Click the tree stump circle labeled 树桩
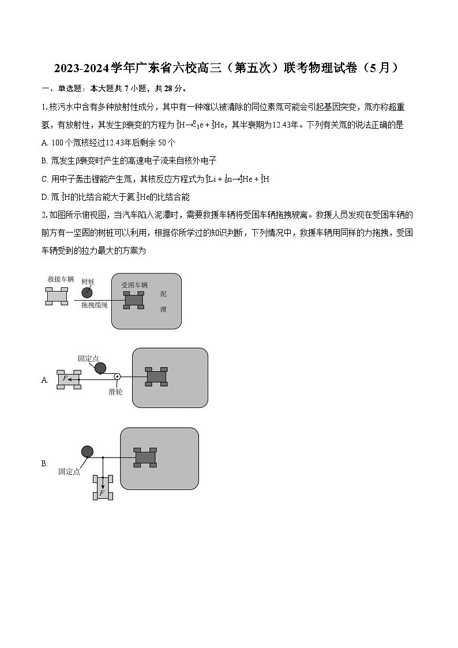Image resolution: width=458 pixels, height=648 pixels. (87, 292)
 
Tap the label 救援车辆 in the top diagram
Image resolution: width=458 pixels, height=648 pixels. (61, 279)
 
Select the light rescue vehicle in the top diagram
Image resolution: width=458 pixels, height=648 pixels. (57, 295)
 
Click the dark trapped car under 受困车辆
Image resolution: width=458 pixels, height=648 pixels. (134, 300)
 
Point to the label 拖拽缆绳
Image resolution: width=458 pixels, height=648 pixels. (94, 305)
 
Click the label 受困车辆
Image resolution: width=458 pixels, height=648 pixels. (134, 285)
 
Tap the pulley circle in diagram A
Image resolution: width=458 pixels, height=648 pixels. (117, 377)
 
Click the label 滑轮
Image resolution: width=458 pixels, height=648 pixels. (115, 392)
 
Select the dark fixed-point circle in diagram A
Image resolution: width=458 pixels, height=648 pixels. (100, 368)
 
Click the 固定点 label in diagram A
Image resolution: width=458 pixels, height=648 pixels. (88, 358)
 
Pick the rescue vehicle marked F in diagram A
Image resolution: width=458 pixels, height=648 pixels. (69, 379)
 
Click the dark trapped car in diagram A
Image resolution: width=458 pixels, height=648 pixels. (156, 376)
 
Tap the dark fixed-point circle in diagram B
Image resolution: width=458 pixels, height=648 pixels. (87, 451)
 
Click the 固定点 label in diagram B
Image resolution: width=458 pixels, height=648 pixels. (69, 471)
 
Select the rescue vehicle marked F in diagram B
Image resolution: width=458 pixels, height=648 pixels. (103, 488)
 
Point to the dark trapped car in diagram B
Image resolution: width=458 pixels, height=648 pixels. (145, 457)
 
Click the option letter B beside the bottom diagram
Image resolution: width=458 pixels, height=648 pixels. (44, 463)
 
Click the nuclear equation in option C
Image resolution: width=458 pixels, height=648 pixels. (238, 179)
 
